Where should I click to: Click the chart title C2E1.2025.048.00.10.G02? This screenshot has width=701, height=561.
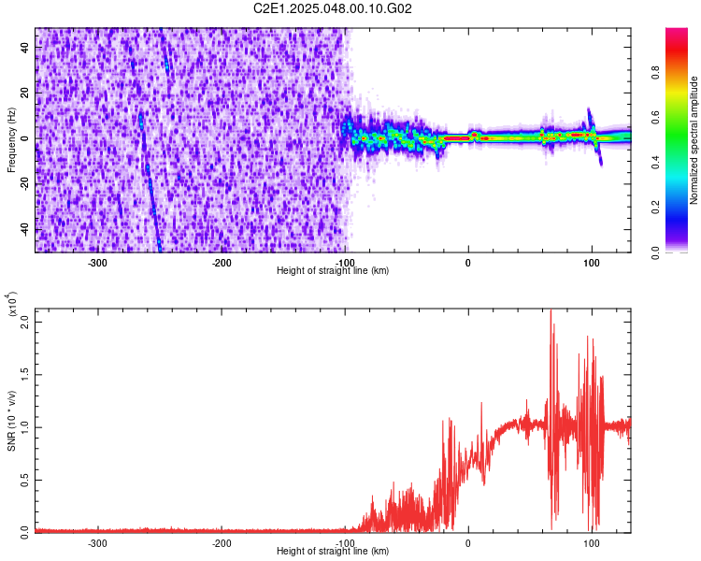pos(334,8)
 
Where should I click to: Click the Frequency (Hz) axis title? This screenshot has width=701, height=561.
pos(11,140)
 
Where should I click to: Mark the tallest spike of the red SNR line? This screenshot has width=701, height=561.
pos(551,310)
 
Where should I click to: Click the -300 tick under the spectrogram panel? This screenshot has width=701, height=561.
pos(98,263)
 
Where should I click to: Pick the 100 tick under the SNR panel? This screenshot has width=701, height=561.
pos(591,542)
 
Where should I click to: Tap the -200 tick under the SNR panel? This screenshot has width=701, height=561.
pos(222,542)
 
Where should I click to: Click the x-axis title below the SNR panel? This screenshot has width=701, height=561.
pos(333,552)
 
